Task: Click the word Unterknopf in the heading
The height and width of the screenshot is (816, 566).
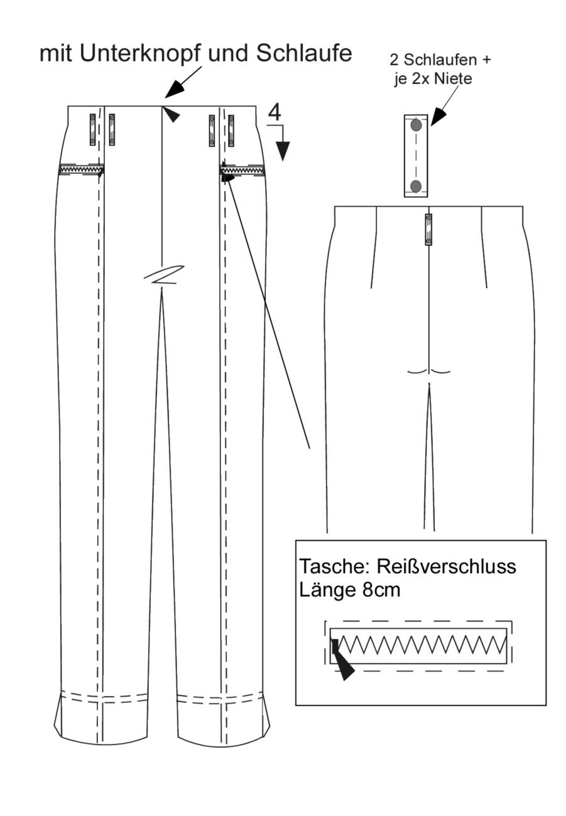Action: coord(139,53)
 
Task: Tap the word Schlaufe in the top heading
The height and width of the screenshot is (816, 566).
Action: coord(304,53)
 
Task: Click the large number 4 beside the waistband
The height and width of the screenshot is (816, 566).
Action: coord(275,112)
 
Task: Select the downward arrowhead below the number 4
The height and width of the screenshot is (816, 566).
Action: coord(283,151)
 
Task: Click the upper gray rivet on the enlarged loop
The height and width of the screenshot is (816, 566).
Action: coord(416,126)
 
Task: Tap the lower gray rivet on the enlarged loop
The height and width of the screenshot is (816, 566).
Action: coord(416,186)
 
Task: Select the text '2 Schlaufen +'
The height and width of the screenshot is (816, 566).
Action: coord(440,60)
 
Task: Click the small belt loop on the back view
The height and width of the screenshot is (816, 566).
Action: coord(428,230)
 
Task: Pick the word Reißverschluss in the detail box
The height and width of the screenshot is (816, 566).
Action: coord(447,566)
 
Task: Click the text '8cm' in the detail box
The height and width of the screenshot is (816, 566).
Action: coord(381,590)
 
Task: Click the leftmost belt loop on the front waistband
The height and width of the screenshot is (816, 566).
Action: coord(92,130)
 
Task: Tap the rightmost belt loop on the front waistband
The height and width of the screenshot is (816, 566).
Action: coord(231,131)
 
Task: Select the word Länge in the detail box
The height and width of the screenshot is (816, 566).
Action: coord(328,591)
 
